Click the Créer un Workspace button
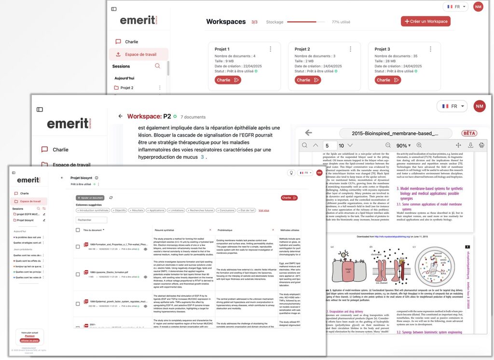point(425,21)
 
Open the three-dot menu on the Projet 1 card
point(270,49)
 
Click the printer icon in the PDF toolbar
point(481,145)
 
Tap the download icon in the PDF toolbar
point(471,145)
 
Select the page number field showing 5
point(330,145)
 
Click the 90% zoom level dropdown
point(403,145)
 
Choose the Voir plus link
point(264,210)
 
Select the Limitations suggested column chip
point(177,210)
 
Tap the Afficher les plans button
point(30,340)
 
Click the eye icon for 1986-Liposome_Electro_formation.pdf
point(145,277)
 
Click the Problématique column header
point(225,230)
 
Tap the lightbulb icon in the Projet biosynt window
point(291,172)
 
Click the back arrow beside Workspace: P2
point(120,116)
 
